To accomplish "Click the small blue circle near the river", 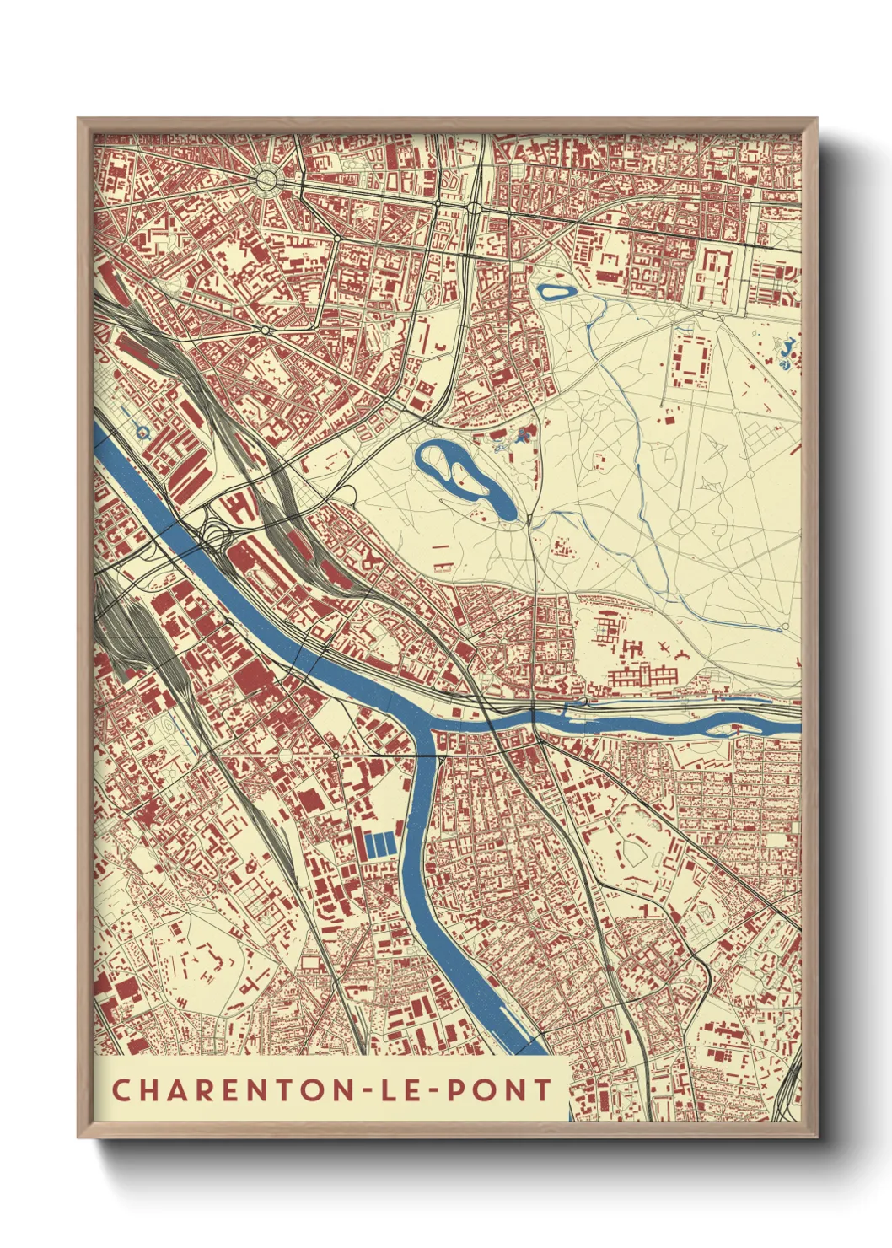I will [143, 433].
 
